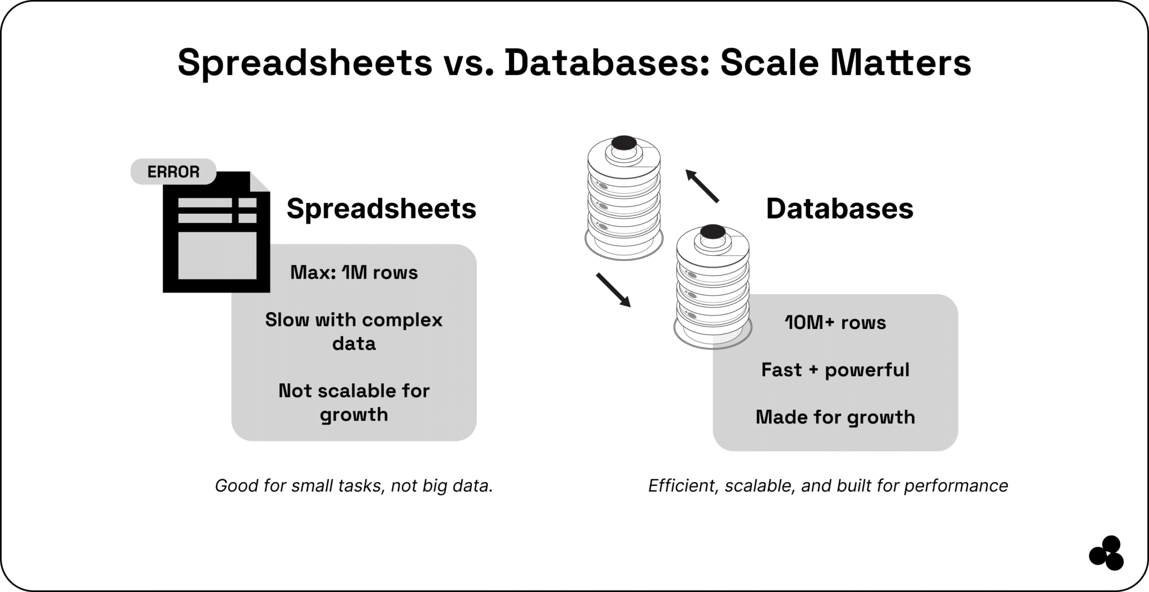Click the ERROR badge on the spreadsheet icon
[173, 172]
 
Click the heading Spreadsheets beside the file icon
[381, 209]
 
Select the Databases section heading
[839, 209]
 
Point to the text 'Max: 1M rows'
[354, 273]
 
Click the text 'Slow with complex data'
[354, 331]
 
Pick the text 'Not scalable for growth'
[354, 402]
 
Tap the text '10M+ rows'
[835, 323]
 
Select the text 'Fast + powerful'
[835, 370]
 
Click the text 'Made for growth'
[835, 417]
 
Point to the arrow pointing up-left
[701, 186]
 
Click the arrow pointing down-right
[613, 290]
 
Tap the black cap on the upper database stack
[624, 143]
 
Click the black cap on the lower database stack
[713, 231]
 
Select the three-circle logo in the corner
[1106, 553]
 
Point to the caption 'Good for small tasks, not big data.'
[354, 485]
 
